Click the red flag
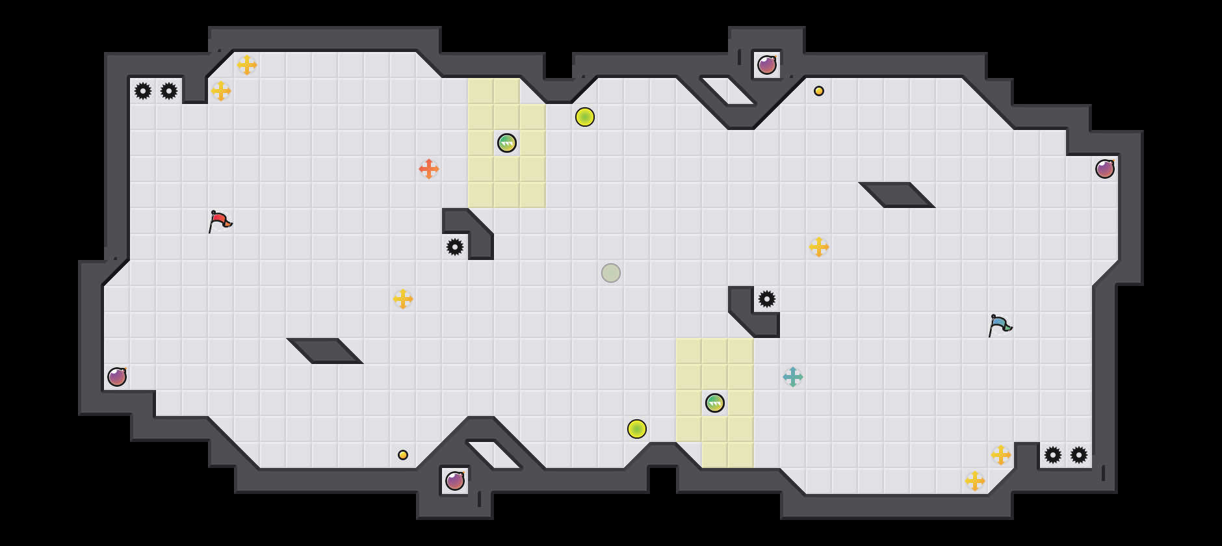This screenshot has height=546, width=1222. coord(220,220)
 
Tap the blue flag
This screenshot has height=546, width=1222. coord(999,324)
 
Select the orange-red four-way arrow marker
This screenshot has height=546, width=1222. coord(429,169)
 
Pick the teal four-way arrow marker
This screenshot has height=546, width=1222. coord(793,377)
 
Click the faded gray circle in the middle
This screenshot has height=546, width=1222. coord(611,273)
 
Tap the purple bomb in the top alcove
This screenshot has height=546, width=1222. coord(767,65)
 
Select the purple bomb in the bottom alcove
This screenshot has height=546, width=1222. coord(455,481)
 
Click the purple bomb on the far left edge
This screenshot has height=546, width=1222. coord(117,377)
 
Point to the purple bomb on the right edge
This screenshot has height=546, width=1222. coord(1105,169)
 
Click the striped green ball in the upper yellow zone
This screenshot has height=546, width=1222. coord(507,143)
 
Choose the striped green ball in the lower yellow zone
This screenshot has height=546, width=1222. coord(715,403)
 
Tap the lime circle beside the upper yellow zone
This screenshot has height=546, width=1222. coord(585,117)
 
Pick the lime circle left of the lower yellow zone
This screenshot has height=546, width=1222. coord(637,429)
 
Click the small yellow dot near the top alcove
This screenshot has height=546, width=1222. coord(819,91)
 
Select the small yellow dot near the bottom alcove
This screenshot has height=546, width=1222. coord(403,455)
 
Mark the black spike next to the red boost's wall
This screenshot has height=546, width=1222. coord(455,247)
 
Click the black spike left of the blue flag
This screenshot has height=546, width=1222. coord(767,299)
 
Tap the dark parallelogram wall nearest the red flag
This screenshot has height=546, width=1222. coord(325,350)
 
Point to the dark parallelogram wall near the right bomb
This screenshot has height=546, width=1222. coord(897,194)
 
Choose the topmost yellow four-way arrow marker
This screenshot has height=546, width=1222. coord(247,65)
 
